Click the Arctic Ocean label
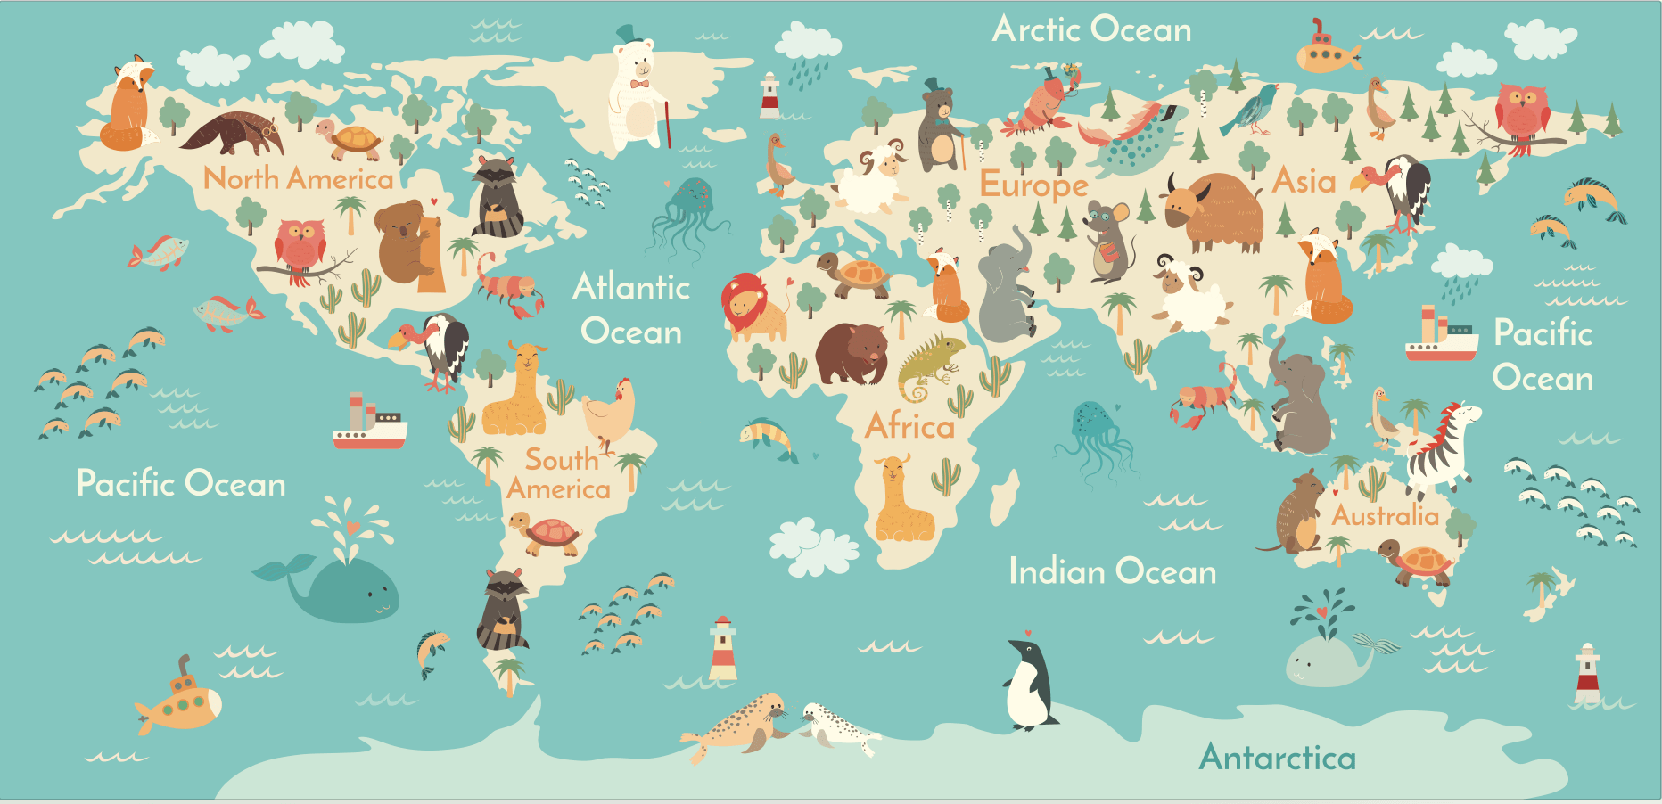pyautogui.click(x=1091, y=29)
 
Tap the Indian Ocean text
pyautogui.click(x=1112, y=571)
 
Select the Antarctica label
pyautogui.click(x=1277, y=758)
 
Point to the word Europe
pyautogui.click(x=1033, y=185)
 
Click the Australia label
pyautogui.click(x=1385, y=515)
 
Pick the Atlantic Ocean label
pyautogui.click(x=631, y=308)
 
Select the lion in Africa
pyautogui.click(x=752, y=308)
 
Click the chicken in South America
pyautogui.click(x=611, y=411)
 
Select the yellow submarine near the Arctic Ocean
pyautogui.click(x=1326, y=53)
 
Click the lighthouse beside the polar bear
pyautogui.click(x=769, y=96)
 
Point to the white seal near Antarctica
pyautogui.click(x=838, y=726)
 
